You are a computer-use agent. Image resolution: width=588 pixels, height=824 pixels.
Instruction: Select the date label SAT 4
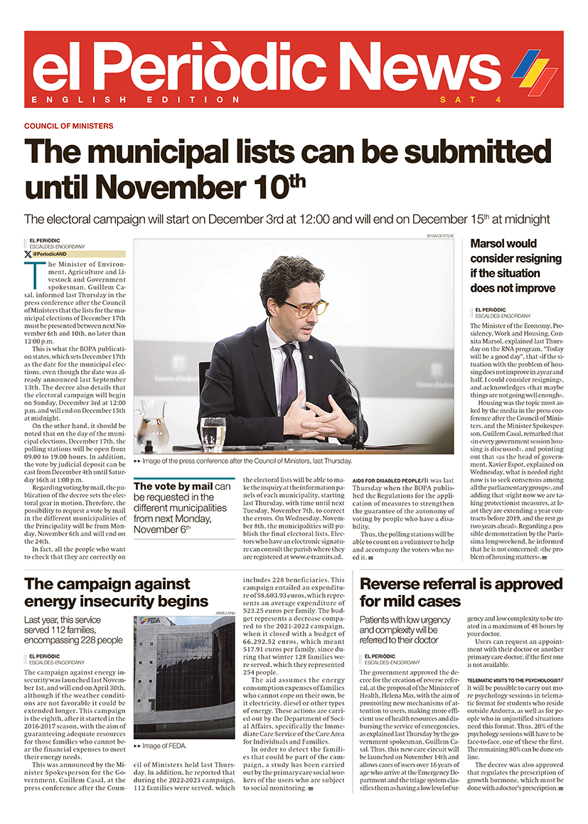coord(470,100)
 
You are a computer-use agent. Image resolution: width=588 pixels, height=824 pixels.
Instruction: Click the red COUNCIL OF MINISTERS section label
coord(68,126)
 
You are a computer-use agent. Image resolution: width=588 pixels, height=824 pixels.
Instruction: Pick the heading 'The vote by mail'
coord(173,486)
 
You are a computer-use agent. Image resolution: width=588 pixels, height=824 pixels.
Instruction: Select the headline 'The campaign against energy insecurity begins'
coord(117,592)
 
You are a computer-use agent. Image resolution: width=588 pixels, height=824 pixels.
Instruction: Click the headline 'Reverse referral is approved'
coord(461,592)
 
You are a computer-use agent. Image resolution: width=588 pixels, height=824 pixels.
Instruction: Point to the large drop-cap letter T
coord(31,271)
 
